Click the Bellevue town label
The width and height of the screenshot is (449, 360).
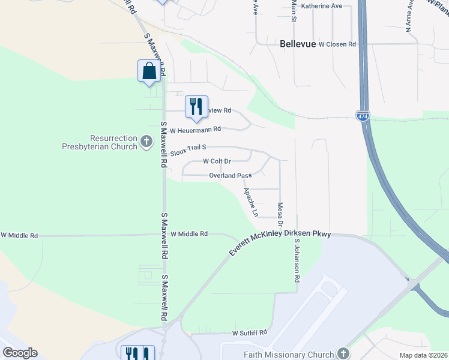298,44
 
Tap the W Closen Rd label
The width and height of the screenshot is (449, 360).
337,44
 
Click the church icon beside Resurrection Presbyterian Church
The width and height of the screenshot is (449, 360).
146,142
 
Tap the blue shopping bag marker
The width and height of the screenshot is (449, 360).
149,71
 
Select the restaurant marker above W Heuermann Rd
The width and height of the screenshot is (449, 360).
196,107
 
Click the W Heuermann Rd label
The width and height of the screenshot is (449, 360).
196,129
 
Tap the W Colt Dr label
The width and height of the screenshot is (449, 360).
217,161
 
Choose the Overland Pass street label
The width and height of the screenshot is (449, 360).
230,176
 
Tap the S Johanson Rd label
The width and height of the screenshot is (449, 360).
296,260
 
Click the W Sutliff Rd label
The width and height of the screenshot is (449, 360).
249,332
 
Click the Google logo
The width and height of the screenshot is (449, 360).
19,353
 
